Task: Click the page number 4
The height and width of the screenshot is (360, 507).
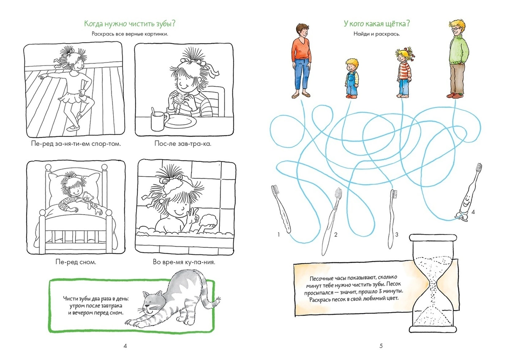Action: pyautogui.click(x=125, y=346)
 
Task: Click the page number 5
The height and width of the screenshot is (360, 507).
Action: pyautogui.click(x=381, y=346)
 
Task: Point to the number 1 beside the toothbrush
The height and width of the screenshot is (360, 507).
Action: pyautogui.click(x=278, y=235)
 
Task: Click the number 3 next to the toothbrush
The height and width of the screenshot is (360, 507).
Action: pyautogui.click(x=397, y=235)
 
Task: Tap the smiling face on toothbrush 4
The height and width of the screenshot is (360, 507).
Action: pyautogui.click(x=465, y=203)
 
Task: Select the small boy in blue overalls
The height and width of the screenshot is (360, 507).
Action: pyautogui.click(x=352, y=78)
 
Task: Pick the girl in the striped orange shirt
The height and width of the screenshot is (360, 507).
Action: pyautogui.click(x=404, y=72)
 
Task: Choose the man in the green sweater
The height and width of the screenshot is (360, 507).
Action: pyautogui.click(x=458, y=59)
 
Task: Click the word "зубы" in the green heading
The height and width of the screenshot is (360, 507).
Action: pyautogui.click(x=166, y=24)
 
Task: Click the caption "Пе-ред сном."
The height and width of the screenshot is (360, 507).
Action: pyautogui.click(x=76, y=262)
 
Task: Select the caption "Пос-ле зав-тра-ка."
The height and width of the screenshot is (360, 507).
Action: pyautogui.click(x=183, y=144)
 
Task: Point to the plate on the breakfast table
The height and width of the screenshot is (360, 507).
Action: pyautogui.click(x=181, y=121)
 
